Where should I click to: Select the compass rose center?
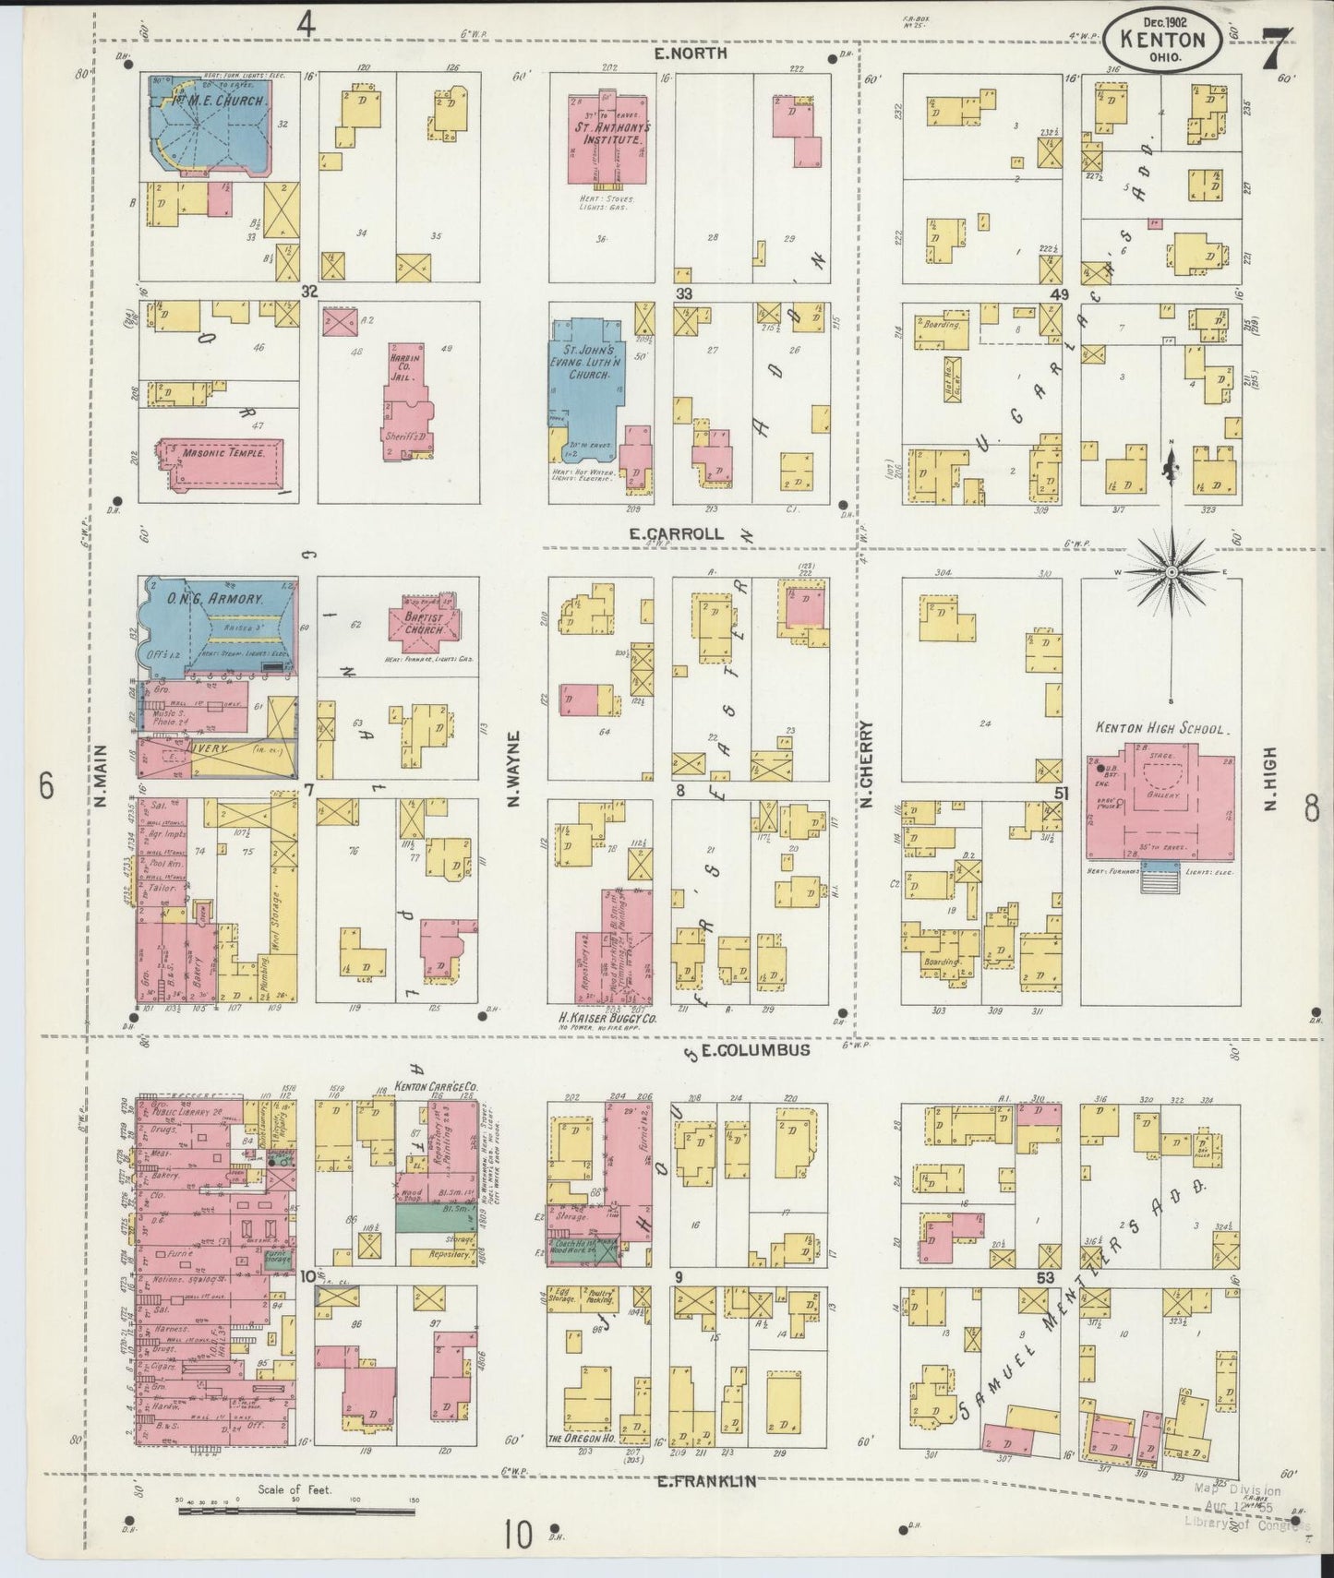(1172, 572)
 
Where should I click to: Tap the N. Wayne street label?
(515, 768)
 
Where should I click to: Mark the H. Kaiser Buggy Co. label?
(607, 1019)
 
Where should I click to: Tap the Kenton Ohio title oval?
(1167, 39)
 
